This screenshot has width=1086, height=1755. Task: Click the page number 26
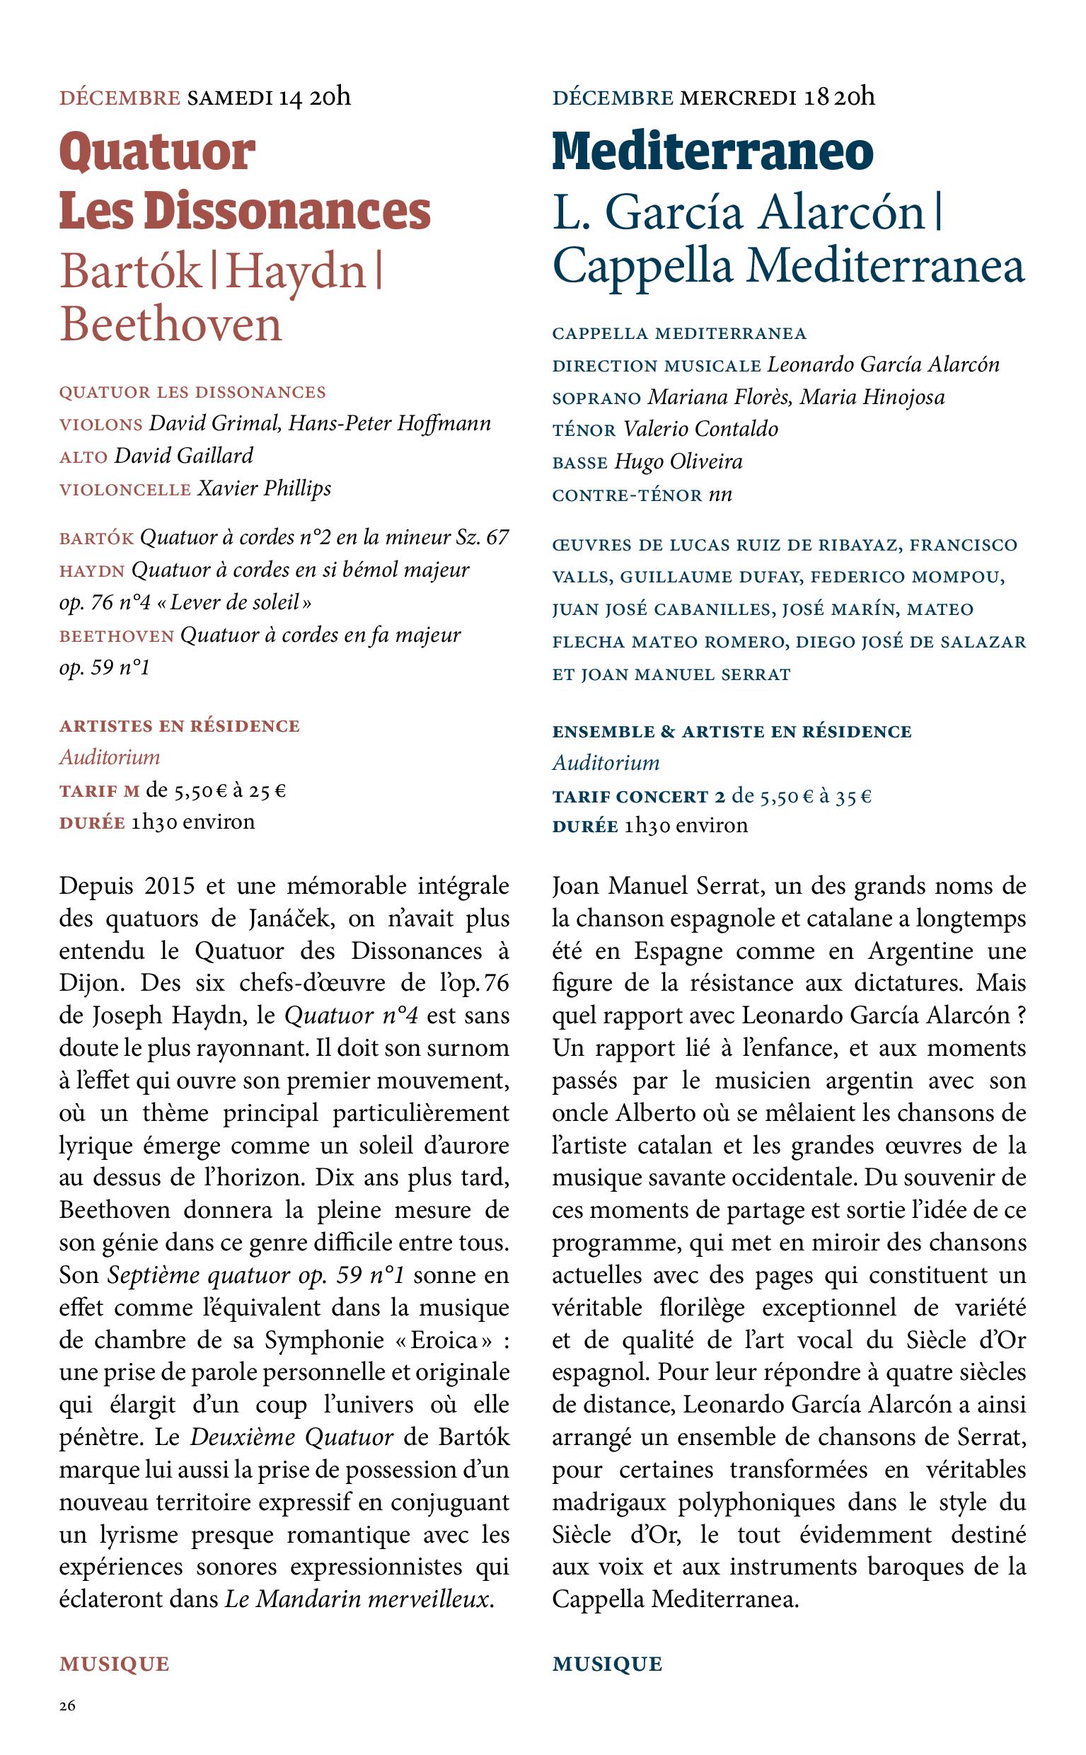[x=67, y=1706]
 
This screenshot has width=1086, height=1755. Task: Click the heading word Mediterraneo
[x=712, y=152]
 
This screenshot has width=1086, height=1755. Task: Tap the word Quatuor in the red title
[x=157, y=152]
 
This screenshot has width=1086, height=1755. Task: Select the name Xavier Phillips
[x=265, y=488]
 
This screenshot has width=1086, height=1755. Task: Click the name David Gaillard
[x=184, y=456]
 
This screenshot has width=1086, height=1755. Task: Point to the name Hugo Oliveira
[x=678, y=461]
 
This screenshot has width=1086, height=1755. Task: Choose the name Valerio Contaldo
[x=700, y=429]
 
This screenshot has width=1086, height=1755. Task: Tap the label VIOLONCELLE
[x=125, y=490]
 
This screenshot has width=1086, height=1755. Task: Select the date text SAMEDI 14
[x=244, y=97]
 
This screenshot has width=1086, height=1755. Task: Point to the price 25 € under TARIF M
[x=269, y=791]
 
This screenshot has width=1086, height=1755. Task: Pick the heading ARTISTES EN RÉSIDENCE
[x=180, y=725]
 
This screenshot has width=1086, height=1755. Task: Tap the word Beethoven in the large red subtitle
[x=171, y=325]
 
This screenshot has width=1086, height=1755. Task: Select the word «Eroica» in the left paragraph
[x=441, y=1340]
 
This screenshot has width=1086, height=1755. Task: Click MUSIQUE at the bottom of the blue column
[x=607, y=1663]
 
